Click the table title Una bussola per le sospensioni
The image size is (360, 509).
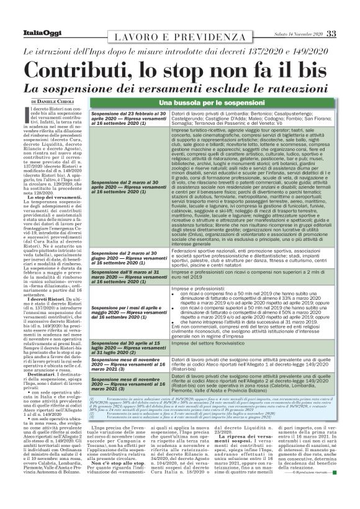214,102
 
